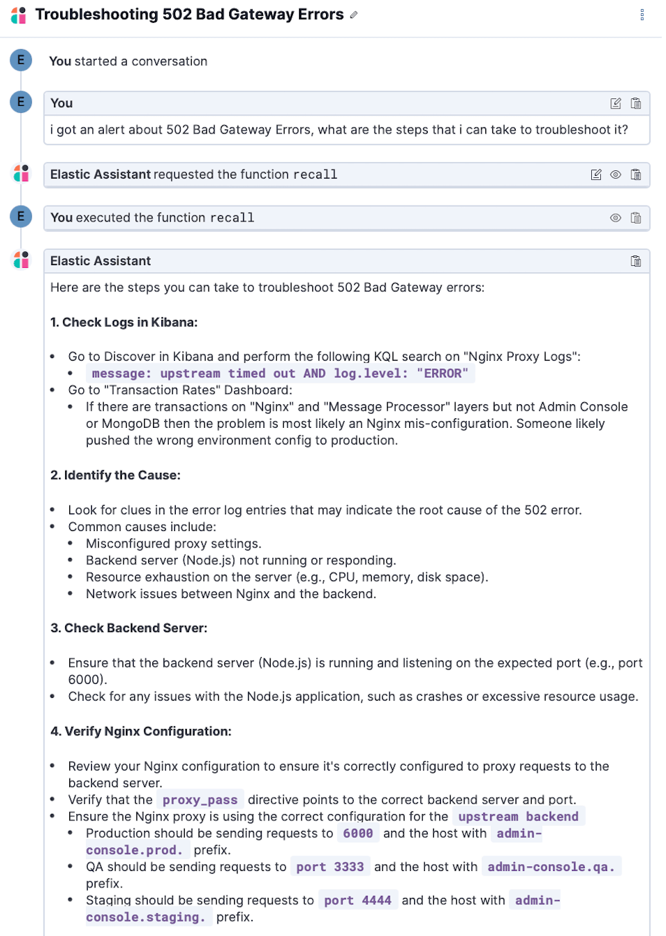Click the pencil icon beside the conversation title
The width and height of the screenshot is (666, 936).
click(x=354, y=15)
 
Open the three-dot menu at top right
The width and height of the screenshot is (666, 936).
click(x=642, y=15)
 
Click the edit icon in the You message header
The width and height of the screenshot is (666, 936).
click(x=615, y=103)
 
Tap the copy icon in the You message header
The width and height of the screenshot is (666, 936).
click(x=636, y=103)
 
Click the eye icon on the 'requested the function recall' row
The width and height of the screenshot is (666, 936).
click(x=615, y=174)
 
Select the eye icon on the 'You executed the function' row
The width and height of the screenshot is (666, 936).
click(x=615, y=217)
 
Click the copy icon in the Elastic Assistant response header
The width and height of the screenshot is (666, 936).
click(x=636, y=261)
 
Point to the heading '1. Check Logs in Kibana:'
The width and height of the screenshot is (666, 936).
click(x=124, y=322)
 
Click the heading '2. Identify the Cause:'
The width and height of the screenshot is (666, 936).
click(x=115, y=475)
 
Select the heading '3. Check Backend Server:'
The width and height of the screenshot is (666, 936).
click(x=129, y=628)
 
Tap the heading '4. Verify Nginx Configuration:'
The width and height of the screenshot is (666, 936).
click(x=141, y=731)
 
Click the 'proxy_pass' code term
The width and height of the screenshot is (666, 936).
click(x=200, y=800)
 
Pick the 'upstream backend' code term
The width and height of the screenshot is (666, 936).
click(x=518, y=816)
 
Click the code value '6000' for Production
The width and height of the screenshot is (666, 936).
click(x=358, y=833)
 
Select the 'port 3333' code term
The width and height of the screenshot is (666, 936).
click(x=330, y=867)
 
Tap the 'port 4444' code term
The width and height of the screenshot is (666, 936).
click(x=357, y=900)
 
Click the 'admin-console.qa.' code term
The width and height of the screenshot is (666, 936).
click(x=550, y=867)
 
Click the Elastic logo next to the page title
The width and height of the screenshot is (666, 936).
click(x=19, y=15)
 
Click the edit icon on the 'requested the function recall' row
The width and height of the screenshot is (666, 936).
click(x=595, y=174)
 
